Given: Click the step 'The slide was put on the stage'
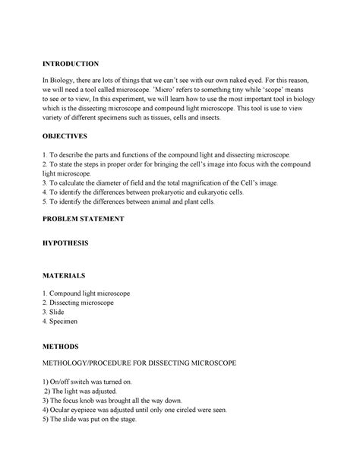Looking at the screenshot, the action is point(91,419).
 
